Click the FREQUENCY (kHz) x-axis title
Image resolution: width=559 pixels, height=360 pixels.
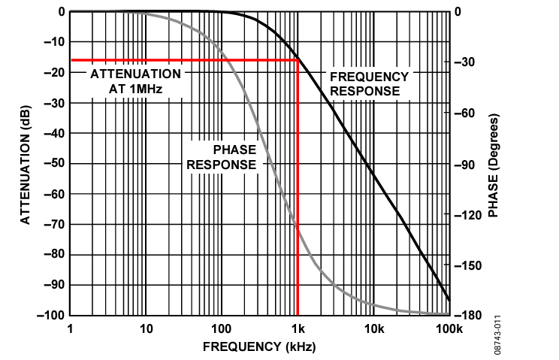coord(259,347)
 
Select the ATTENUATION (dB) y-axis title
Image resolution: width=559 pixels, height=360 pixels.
coord(25,163)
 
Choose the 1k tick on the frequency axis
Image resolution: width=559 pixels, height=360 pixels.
coord(298,328)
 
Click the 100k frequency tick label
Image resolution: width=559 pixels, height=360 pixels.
coord(449,328)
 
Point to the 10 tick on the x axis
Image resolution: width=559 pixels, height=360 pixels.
coord(146,328)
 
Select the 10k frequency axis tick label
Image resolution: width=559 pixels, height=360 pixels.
coord(373,328)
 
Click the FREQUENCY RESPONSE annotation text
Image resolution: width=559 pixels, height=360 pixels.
coord(369,83)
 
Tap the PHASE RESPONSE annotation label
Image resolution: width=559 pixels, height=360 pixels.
coord(222,157)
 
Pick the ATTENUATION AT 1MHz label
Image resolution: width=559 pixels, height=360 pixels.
coord(135,81)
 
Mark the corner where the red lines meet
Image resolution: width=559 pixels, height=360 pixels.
coord(298,60)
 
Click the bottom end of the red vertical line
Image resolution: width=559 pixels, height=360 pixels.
coord(298,314)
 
